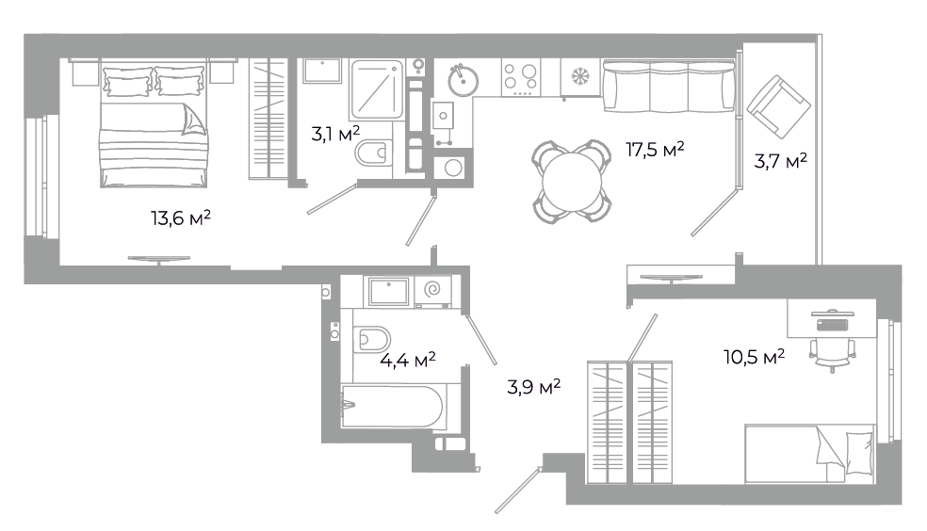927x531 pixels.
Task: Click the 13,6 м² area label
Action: (x=181, y=218)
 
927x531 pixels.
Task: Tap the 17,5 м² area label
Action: (x=655, y=150)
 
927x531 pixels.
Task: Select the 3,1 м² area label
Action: (x=335, y=134)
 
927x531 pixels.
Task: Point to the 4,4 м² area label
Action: (x=408, y=359)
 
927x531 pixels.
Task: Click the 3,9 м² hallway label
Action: (x=534, y=387)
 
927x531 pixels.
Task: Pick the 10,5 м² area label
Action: (x=755, y=357)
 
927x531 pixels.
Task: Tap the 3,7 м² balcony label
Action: (x=780, y=161)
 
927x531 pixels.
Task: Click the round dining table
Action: (x=572, y=182)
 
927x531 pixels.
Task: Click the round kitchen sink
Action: (x=463, y=80)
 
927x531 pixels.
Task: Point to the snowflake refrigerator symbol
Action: (x=580, y=76)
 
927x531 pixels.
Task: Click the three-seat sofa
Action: (x=669, y=87)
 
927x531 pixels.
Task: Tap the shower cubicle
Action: (x=377, y=89)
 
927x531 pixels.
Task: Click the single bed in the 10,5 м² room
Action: (x=809, y=454)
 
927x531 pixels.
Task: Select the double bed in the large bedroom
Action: (x=154, y=125)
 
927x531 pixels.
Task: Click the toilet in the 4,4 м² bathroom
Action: (x=372, y=340)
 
